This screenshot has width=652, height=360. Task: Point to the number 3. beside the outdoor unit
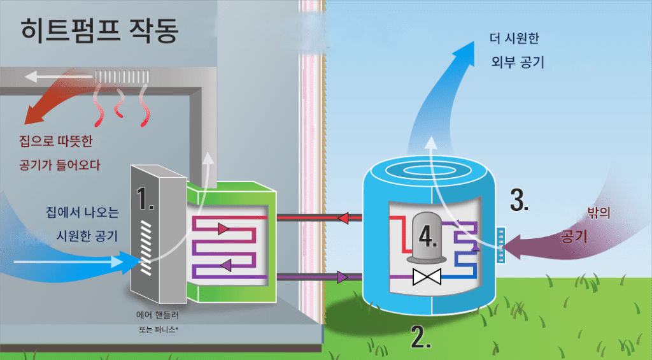click(520, 200)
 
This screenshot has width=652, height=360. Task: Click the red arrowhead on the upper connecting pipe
click(341, 218)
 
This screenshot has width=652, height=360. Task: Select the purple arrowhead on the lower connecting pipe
click(343, 277)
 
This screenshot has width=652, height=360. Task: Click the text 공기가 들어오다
click(57, 165)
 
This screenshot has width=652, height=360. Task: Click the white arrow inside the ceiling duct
click(57, 78)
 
